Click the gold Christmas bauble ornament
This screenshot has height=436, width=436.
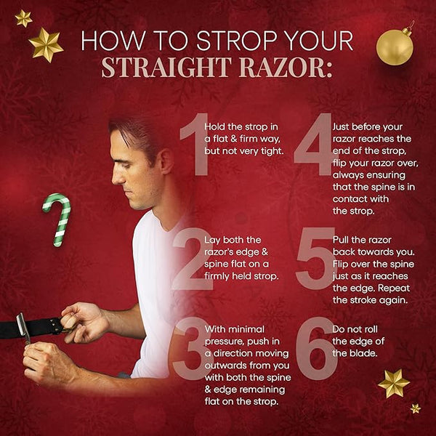tap(395, 47)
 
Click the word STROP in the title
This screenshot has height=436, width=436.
tap(238, 41)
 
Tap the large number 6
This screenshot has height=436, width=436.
tap(316, 348)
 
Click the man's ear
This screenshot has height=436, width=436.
tap(166, 161)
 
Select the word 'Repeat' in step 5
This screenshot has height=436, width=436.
tap(394, 288)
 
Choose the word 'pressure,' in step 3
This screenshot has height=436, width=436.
tap(224, 342)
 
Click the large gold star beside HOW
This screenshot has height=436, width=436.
tap(46, 45)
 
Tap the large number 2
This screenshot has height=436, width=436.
tap(193, 259)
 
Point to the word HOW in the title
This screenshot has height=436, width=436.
tap(113, 41)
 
